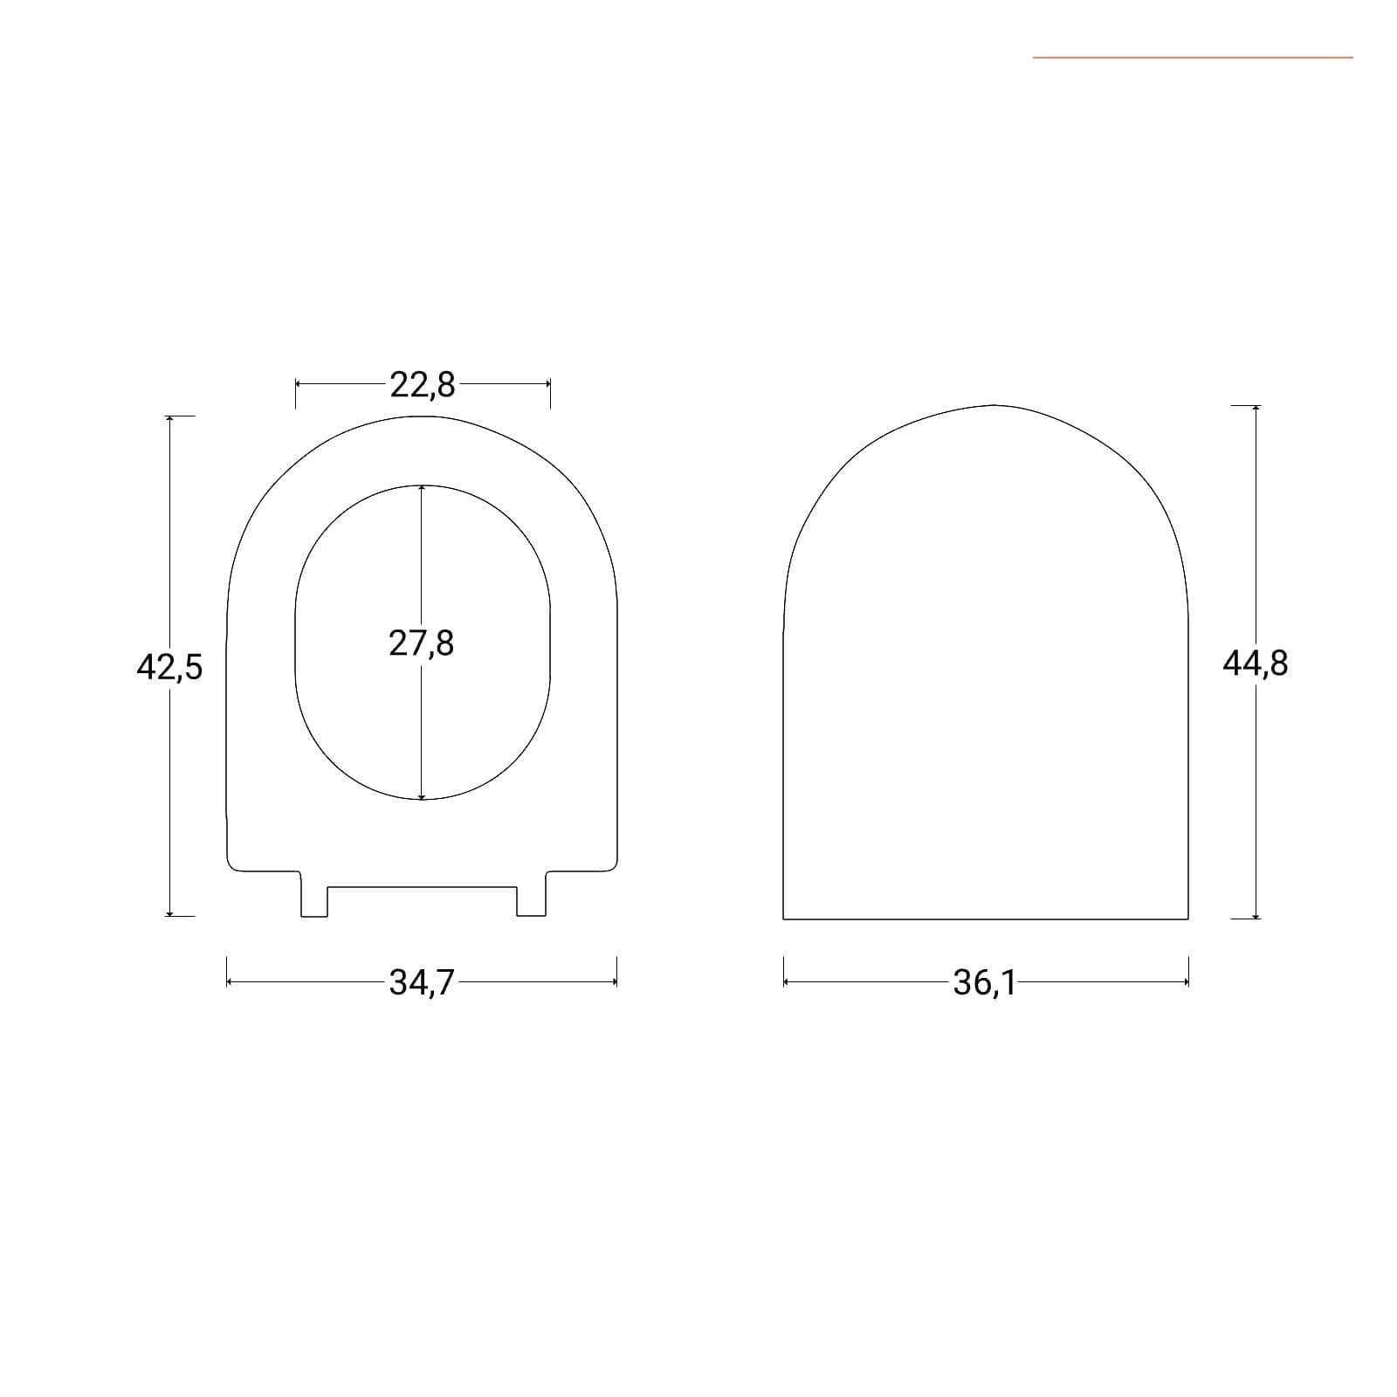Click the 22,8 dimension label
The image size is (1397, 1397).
(x=423, y=384)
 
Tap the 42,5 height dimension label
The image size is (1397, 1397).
(x=169, y=667)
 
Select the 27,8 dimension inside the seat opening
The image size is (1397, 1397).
(x=422, y=643)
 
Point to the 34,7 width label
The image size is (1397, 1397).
(x=423, y=983)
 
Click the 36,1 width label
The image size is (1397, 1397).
(x=985, y=983)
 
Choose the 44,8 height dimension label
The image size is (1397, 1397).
(x=1256, y=664)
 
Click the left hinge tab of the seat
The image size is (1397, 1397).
(x=314, y=894)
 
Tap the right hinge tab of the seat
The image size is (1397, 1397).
(x=532, y=894)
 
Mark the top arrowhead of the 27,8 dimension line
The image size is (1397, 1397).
(x=422, y=489)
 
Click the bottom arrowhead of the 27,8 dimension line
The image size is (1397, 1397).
(x=422, y=795)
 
